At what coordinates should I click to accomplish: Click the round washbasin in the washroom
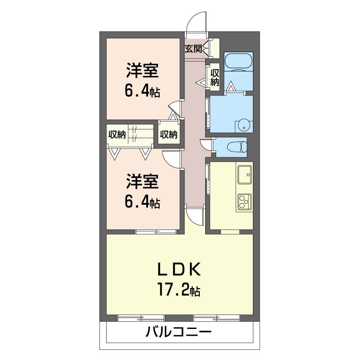click(x=243, y=124)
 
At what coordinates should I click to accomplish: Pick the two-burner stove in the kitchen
click(x=244, y=202)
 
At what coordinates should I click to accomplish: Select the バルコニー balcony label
click(x=178, y=333)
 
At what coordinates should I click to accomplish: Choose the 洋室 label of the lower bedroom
click(x=142, y=182)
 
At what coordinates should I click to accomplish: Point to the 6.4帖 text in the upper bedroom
click(x=142, y=91)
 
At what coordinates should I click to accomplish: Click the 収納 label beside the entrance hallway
click(x=215, y=77)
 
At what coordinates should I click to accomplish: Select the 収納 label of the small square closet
click(x=169, y=134)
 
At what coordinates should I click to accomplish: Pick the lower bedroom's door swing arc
click(x=171, y=159)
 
